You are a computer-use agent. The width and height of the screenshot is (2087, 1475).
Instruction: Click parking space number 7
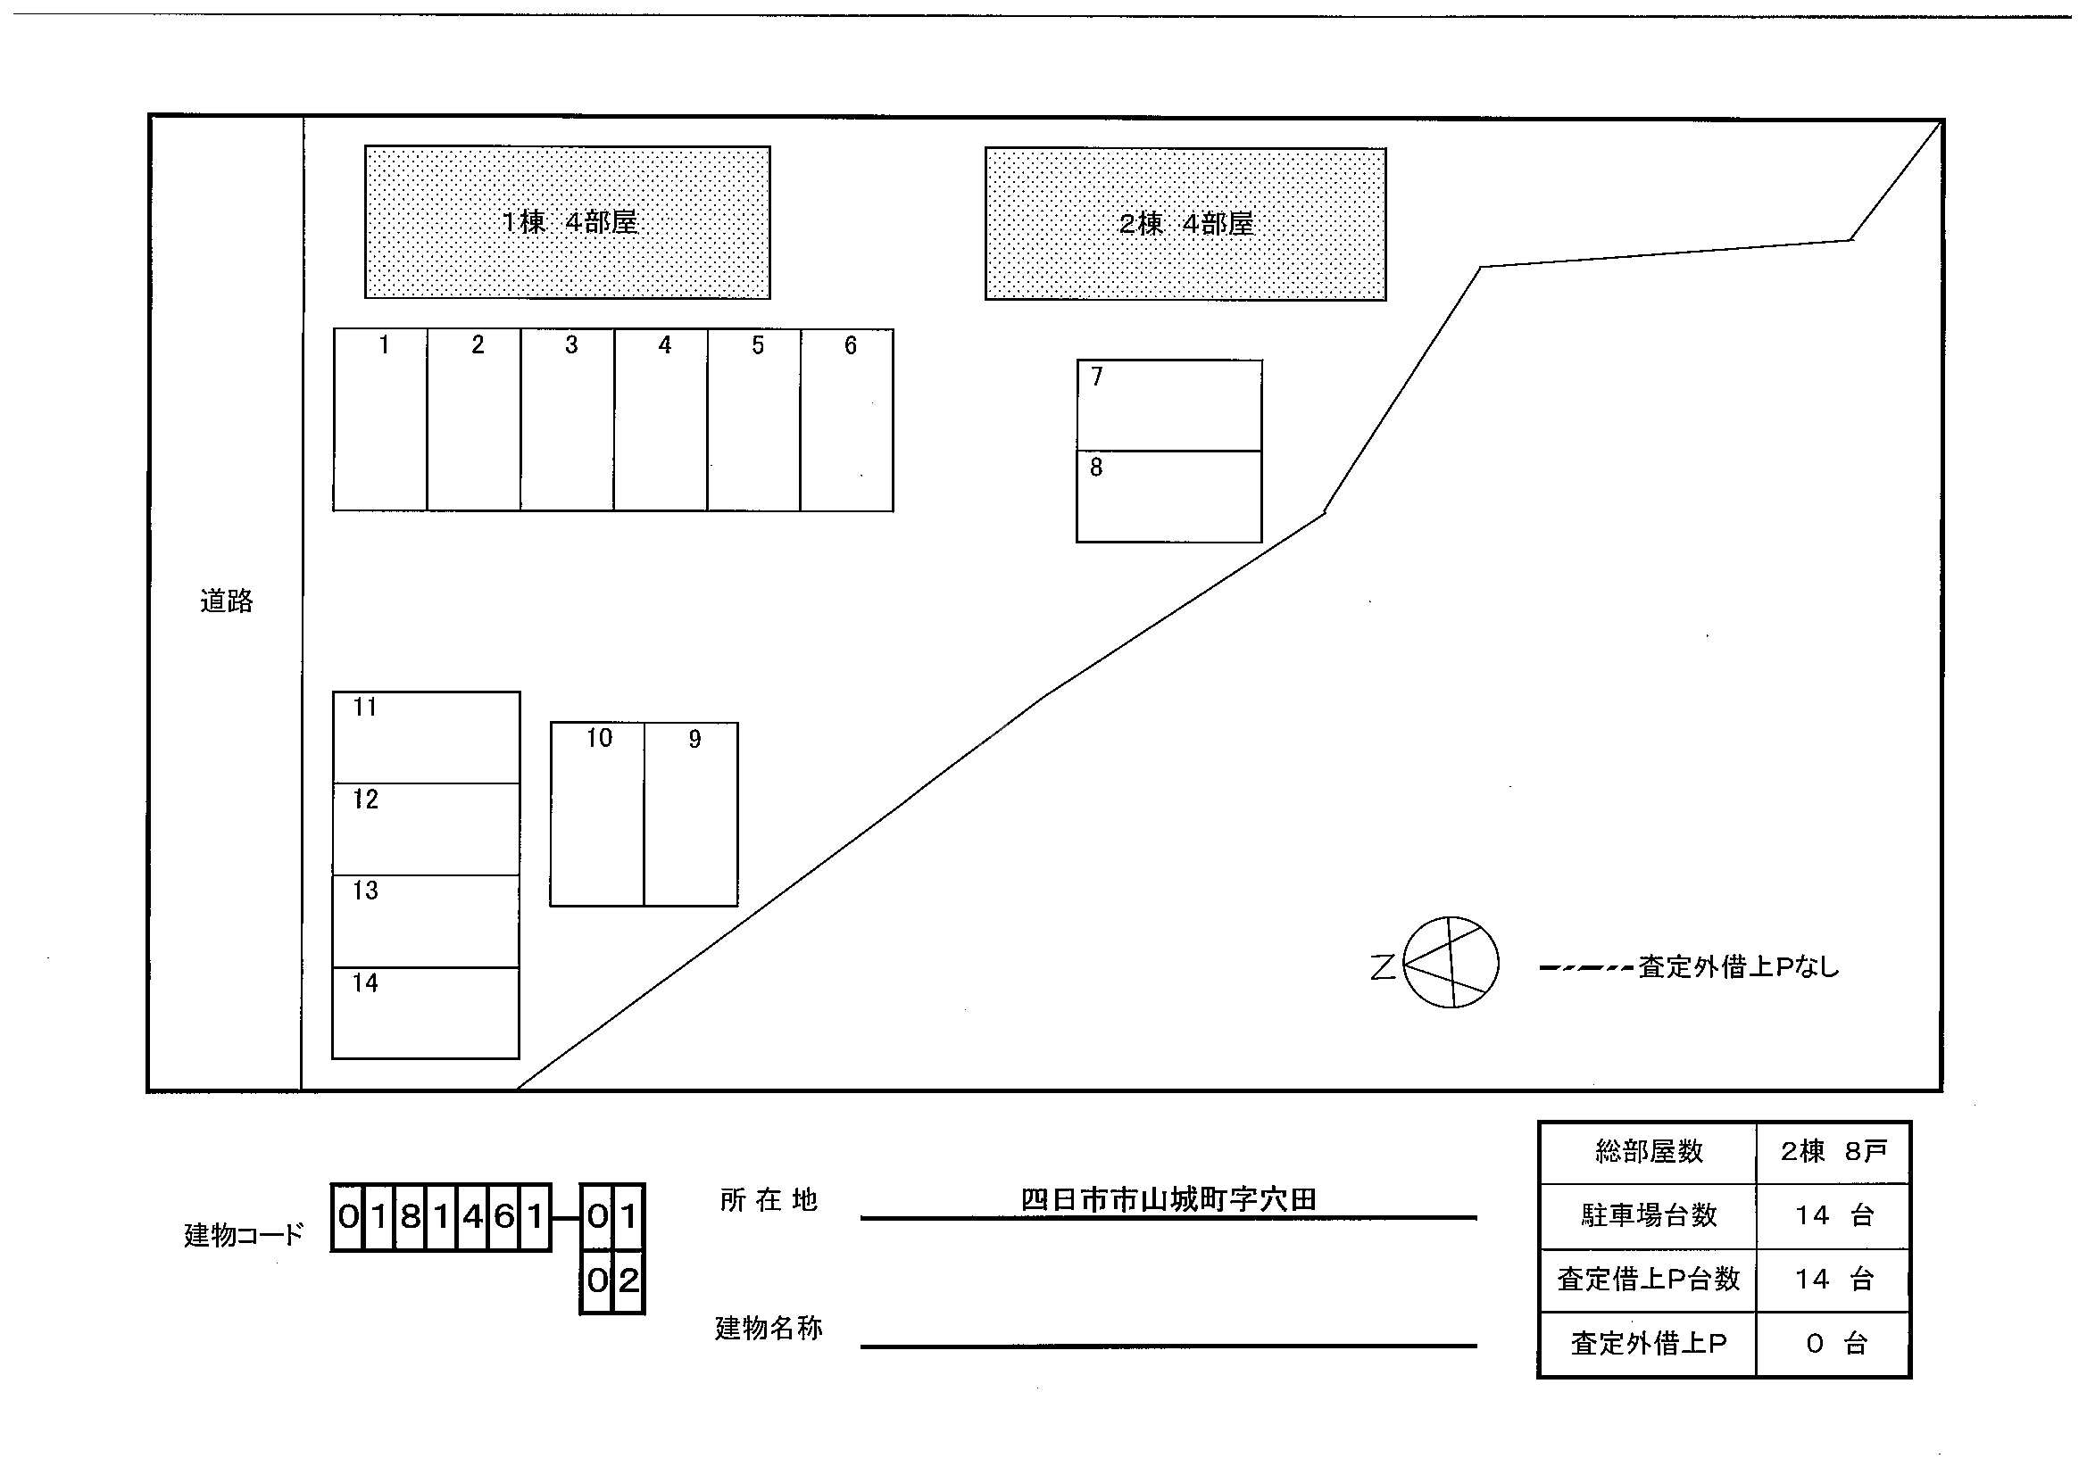click(x=1169, y=405)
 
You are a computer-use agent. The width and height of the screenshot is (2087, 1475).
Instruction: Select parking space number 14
click(x=426, y=1013)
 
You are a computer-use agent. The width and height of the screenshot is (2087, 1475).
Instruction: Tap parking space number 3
click(x=567, y=420)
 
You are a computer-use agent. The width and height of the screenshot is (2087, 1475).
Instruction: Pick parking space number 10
click(x=597, y=815)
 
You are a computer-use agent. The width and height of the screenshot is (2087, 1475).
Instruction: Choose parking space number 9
click(x=691, y=815)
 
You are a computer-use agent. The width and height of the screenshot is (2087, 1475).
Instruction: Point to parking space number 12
click(x=426, y=829)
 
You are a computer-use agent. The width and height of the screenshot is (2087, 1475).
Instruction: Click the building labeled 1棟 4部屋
click(x=567, y=222)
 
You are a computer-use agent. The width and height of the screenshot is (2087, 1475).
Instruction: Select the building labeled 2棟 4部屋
click(x=1185, y=224)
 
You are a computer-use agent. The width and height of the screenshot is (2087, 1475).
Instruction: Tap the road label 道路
click(x=227, y=601)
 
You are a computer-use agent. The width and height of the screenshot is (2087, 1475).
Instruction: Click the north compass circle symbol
click(x=1451, y=963)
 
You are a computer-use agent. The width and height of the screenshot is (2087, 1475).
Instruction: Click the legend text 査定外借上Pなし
click(x=1738, y=967)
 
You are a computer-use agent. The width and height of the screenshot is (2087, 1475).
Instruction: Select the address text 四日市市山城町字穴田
click(x=1168, y=1199)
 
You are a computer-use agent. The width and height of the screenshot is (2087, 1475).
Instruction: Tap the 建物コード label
click(x=243, y=1234)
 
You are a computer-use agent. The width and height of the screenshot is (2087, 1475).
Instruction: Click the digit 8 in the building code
click(x=411, y=1216)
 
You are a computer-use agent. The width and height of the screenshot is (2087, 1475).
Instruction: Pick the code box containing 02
click(x=612, y=1280)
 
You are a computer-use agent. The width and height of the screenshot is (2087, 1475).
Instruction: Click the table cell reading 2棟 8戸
click(x=1833, y=1152)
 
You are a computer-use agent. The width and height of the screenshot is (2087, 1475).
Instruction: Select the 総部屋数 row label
click(x=1648, y=1152)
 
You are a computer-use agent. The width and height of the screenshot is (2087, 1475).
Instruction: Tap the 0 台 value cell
click(x=1833, y=1344)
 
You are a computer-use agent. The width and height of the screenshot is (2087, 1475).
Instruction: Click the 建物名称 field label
click(x=769, y=1329)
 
